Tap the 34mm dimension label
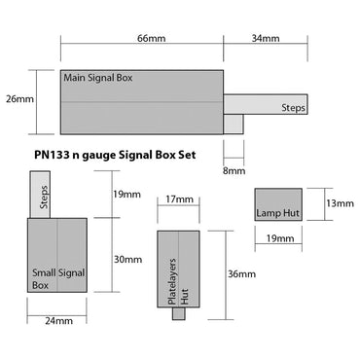[265, 38]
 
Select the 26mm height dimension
[19, 100]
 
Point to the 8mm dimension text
[234, 171]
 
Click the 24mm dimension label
[57, 320]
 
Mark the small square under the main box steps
[233, 124]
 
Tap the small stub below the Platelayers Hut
[178, 312]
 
